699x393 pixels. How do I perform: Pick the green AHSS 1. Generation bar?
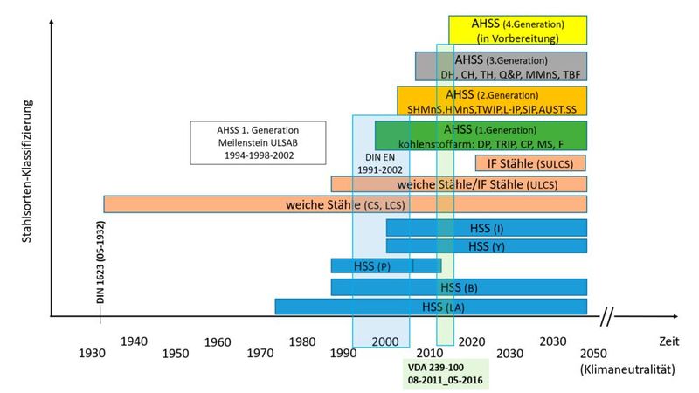coord(481,135)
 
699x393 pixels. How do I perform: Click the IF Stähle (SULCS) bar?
coord(530,163)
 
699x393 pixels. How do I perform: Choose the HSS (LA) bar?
coord(349,307)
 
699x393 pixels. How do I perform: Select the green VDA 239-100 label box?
coord(446,373)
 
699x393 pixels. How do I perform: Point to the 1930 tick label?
coord(92,353)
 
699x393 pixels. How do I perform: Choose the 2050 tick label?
coord(591,353)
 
